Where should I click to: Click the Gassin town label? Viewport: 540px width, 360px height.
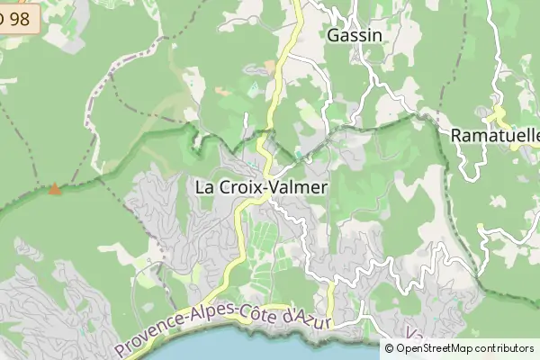[355, 36]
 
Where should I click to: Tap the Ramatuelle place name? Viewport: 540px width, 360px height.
[494, 135]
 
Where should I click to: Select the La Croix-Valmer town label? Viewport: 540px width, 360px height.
[262, 188]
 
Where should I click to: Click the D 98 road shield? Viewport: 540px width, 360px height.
[18, 18]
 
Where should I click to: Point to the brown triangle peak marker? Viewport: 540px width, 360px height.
[56, 189]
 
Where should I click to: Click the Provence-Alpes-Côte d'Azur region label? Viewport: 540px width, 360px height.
[225, 328]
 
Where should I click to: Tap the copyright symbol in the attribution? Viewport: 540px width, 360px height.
[390, 348]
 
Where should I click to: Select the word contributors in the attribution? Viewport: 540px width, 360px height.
[504, 348]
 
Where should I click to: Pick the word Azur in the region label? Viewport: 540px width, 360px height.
[316, 319]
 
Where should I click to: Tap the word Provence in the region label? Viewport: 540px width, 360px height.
[149, 338]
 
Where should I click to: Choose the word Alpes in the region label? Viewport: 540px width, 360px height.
[208, 319]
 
